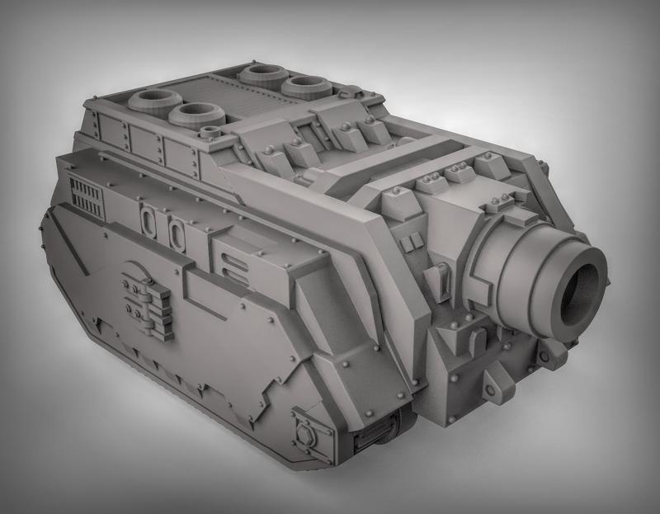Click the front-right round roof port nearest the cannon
pos(303,86)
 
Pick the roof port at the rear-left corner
pos(154,102)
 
